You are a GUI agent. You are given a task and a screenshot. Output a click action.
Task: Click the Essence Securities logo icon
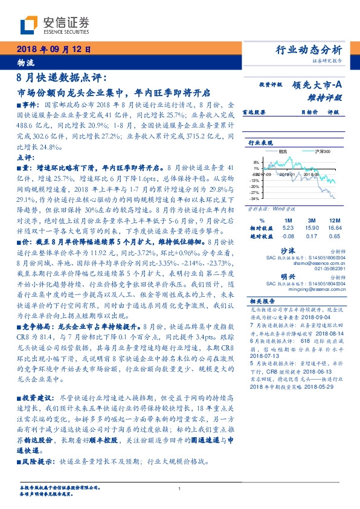coord(29,24)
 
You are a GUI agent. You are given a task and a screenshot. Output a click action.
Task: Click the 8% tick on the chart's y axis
coord(256,162)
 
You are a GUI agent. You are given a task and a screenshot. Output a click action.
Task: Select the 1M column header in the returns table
coord(288,220)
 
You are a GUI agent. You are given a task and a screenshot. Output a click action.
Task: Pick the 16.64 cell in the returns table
coord(334,227)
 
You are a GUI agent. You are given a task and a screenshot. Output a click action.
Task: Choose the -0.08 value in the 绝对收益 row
coord(288,235)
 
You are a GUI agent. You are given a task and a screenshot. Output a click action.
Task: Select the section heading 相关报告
coord(261,300)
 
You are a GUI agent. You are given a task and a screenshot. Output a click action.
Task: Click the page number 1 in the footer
coord(179,489)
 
